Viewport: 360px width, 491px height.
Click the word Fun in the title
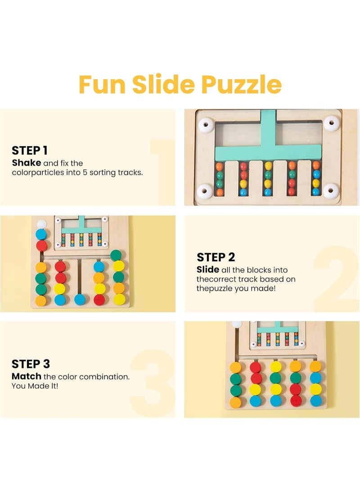(102, 85)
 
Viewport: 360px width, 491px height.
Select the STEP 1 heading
(30, 151)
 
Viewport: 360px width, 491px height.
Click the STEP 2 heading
(216, 257)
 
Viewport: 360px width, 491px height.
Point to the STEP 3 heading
(31, 364)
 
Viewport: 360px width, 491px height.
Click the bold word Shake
(27, 163)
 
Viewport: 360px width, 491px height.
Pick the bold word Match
(27, 376)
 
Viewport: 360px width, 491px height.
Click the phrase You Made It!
(35, 386)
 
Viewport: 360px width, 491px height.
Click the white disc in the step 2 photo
(42, 224)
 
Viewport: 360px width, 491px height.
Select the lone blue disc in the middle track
(80, 299)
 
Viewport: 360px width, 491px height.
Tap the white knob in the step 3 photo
(237, 324)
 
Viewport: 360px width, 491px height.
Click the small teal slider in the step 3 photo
(277, 328)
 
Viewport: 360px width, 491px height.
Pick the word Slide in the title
(163, 84)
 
